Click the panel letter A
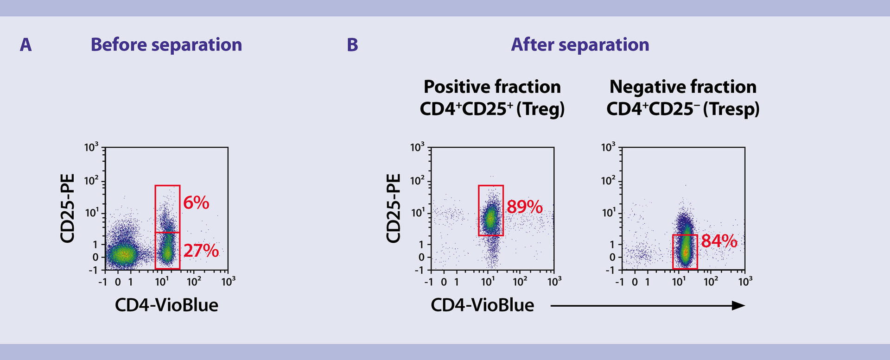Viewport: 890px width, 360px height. click(26, 45)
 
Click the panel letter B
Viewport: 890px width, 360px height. click(352, 45)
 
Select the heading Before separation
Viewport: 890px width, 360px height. click(166, 45)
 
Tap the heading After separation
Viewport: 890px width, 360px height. click(580, 45)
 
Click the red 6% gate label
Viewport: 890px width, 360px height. click(196, 203)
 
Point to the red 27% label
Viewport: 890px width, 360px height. click(201, 251)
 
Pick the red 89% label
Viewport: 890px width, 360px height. click(524, 207)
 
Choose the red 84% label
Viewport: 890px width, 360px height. click(719, 241)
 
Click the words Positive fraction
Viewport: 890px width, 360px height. click(492, 87)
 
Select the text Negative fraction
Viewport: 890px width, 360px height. click(683, 87)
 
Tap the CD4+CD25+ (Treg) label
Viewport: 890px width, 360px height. click(492, 109)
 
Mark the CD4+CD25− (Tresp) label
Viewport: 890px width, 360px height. click(683, 109)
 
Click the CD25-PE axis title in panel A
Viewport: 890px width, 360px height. click(68, 208)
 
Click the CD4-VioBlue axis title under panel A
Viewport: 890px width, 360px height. click(166, 305)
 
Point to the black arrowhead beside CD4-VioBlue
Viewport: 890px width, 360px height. click(738, 305)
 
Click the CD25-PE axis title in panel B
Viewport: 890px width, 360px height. click(394, 208)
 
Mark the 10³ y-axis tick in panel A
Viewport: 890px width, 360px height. click(91, 148)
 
